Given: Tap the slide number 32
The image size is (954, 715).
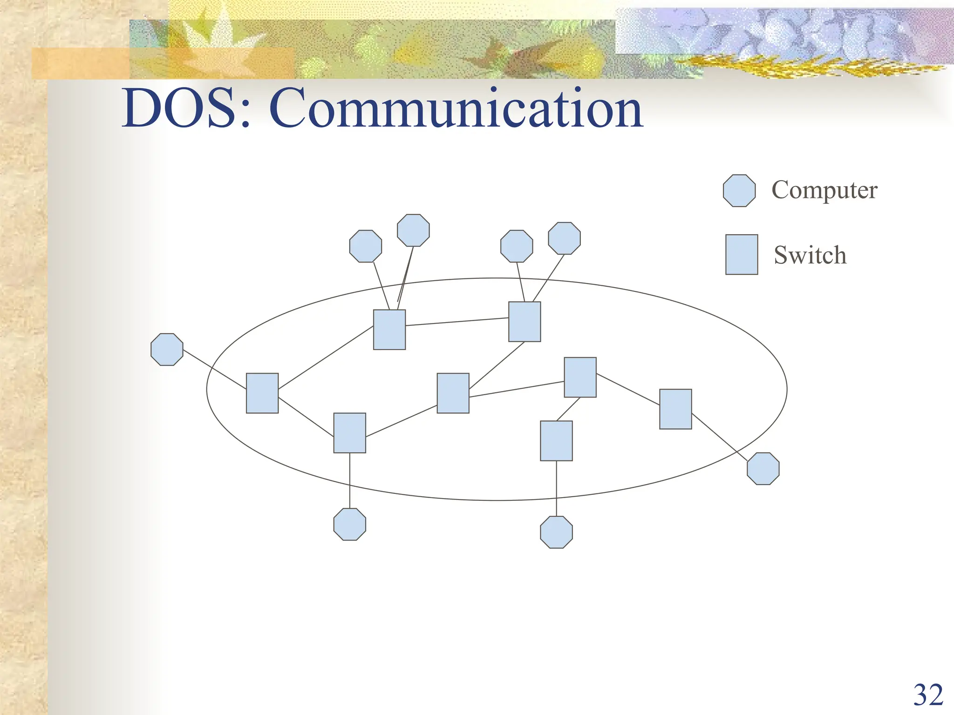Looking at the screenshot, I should (x=928, y=695).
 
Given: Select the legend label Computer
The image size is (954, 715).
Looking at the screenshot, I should (x=824, y=190).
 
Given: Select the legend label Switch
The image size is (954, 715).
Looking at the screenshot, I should (x=810, y=255).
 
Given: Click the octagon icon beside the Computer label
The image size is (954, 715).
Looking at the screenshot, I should (x=739, y=191).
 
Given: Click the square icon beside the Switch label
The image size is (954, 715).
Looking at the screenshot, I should (x=742, y=255).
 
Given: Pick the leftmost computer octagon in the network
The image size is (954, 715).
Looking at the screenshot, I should (x=167, y=350).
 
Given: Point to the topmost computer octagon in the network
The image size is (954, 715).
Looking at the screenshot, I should (x=413, y=230).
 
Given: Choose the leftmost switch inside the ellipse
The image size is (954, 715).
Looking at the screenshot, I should (x=262, y=393).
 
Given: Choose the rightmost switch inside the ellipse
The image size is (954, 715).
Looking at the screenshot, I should (x=675, y=409).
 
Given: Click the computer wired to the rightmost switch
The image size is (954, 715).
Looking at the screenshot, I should (x=763, y=469).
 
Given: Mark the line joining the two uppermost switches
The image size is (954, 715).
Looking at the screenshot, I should (x=457, y=322).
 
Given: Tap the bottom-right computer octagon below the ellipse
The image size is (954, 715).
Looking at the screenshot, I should (x=556, y=532).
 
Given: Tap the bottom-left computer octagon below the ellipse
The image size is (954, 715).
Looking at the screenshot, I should (x=350, y=524).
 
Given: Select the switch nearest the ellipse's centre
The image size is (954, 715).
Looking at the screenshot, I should (x=453, y=393).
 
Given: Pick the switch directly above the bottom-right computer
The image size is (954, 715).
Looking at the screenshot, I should (x=556, y=441).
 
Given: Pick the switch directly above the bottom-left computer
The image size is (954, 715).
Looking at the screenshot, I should (x=350, y=433).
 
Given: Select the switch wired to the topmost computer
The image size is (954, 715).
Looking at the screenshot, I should (x=389, y=330).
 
